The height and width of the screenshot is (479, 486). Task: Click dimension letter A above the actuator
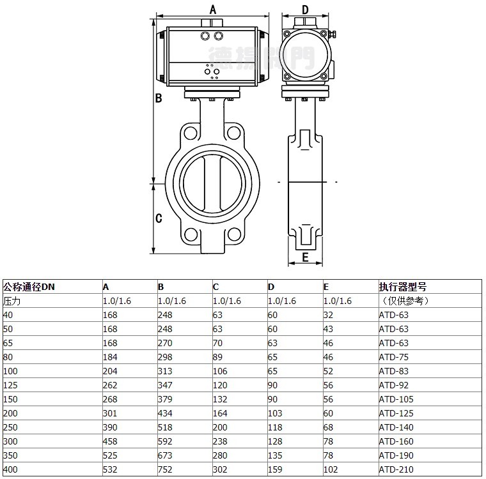coord(212,10)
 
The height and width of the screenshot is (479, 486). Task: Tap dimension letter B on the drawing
coord(159,98)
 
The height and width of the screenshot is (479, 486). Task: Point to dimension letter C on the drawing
coord(159,218)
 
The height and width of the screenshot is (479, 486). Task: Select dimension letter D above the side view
coord(305,10)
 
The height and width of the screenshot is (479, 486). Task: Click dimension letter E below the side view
coord(305,257)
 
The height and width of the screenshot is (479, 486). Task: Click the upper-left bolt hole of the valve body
coord(191,133)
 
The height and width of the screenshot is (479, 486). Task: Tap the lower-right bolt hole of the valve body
coord(234,234)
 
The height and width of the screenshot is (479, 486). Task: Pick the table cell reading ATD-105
coord(396,399)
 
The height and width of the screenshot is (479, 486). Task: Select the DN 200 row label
coord(10,413)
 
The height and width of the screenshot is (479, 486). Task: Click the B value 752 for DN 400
coord(165,469)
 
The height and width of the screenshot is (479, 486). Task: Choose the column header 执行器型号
coord(403,287)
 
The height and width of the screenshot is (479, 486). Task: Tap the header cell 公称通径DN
coord(29,287)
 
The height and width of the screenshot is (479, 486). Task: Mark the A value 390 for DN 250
coord(110,427)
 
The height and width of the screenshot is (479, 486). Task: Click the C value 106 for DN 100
coord(220,371)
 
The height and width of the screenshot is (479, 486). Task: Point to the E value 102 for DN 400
coord(331,469)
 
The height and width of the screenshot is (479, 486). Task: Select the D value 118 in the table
coord(275,427)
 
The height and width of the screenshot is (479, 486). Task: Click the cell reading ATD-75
coord(394,357)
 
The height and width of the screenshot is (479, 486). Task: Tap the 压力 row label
coord(12,301)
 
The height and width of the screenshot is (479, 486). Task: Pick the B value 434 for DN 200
coord(165,413)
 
